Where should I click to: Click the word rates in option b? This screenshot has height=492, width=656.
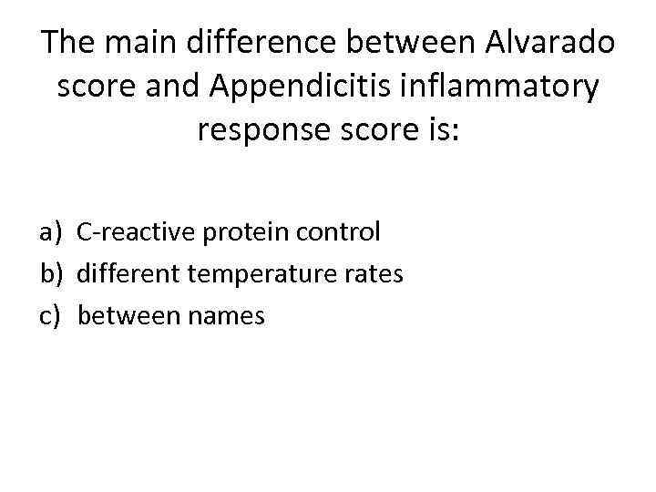[374, 274]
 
